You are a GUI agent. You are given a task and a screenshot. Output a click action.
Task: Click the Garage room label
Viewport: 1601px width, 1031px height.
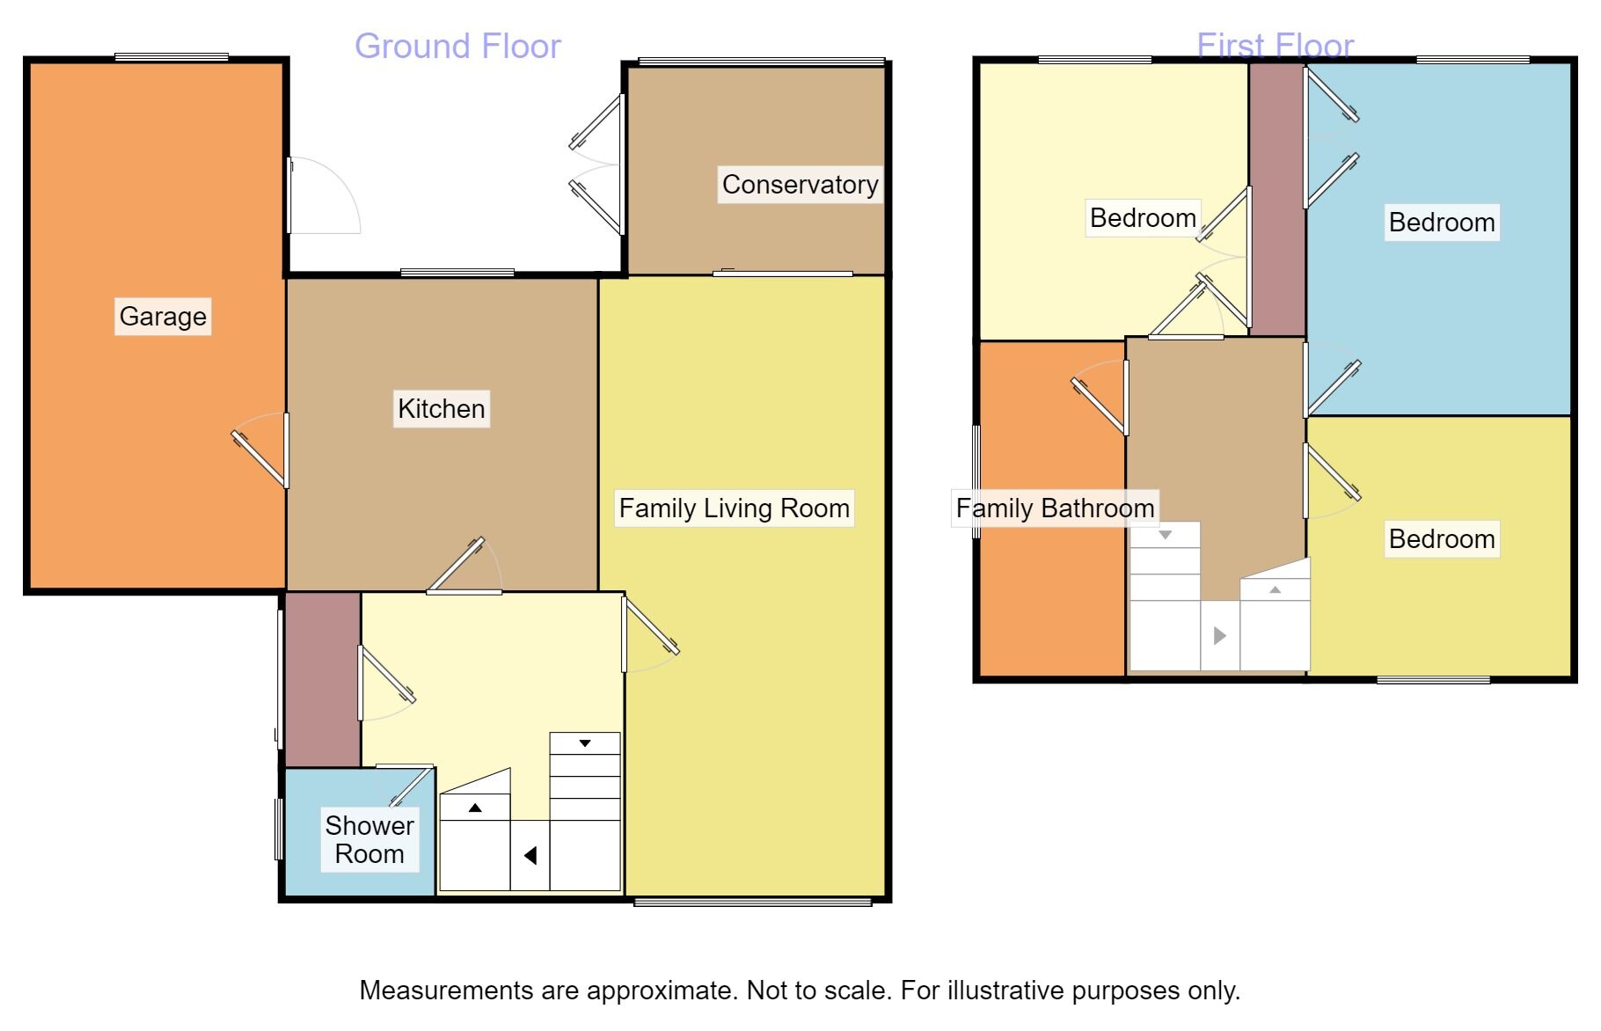pyautogui.click(x=163, y=317)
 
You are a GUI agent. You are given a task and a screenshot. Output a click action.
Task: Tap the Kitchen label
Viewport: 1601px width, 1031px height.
pyautogui.click(x=442, y=409)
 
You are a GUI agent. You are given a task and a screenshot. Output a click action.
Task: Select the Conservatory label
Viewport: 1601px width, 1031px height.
pyautogui.click(x=800, y=185)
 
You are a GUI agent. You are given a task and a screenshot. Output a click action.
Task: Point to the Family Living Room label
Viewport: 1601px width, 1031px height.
pyautogui.click(x=735, y=508)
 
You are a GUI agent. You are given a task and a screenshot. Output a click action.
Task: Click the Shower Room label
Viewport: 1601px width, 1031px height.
pyautogui.click(x=369, y=839)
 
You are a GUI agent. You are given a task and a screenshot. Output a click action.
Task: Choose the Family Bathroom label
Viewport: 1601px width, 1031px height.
pyautogui.click(x=1055, y=508)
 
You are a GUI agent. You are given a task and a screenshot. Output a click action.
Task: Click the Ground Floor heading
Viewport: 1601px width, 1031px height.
pyautogui.click(x=457, y=47)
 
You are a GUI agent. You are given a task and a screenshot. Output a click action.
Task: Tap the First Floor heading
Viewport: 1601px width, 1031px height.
pyautogui.click(x=1276, y=46)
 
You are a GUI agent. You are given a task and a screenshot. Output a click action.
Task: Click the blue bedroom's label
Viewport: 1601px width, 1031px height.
pyautogui.click(x=1442, y=223)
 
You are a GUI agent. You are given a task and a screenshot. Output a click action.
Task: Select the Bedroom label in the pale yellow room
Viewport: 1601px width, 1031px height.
pyautogui.click(x=1143, y=218)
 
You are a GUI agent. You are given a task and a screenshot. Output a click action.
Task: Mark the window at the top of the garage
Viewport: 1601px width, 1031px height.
pyautogui.click(x=172, y=58)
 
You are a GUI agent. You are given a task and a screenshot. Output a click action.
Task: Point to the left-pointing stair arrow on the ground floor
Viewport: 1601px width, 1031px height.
pyautogui.click(x=530, y=855)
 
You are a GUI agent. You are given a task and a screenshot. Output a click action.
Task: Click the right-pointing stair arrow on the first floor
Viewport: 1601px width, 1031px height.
pyautogui.click(x=1219, y=635)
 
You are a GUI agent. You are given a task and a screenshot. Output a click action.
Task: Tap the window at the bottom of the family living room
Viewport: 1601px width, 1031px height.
pyautogui.click(x=753, y=901)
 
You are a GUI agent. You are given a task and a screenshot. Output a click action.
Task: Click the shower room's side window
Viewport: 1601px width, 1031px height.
pyautogui.click(x=279, y=829)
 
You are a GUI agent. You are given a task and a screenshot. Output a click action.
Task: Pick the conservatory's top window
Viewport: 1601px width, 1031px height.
pyautogui.click(x=762, y=62)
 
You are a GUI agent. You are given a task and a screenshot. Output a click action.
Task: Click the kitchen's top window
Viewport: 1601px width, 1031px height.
pyautogui.click(x=457, y=273)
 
